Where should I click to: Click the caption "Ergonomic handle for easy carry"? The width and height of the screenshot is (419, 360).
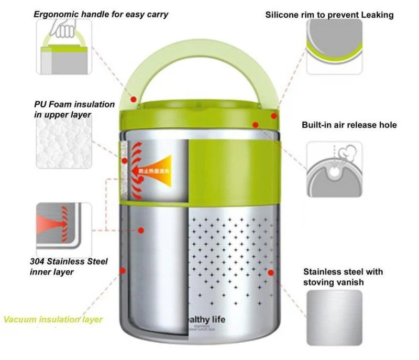click(101, 14)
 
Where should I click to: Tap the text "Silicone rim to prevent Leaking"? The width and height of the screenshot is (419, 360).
click(329, 15)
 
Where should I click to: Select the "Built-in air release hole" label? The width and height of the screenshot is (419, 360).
click(349, 125)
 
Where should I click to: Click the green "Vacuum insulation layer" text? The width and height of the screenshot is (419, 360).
click(53, 319)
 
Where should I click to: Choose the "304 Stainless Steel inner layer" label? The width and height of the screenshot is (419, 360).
click(69, 266)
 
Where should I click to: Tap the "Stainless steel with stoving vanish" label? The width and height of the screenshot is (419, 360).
click(343, 277)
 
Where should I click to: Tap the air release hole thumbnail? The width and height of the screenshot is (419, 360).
click(334, 169)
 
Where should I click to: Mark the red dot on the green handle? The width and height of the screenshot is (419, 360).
click(133, 99)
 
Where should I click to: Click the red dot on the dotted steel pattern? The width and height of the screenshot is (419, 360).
click(271, 272)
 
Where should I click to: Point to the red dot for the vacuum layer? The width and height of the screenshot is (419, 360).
click(123, 270)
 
